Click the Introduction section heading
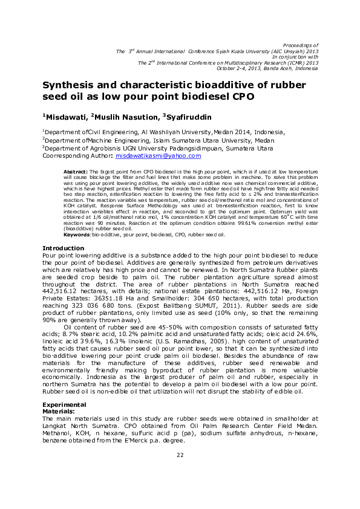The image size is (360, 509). pos(64,248)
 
